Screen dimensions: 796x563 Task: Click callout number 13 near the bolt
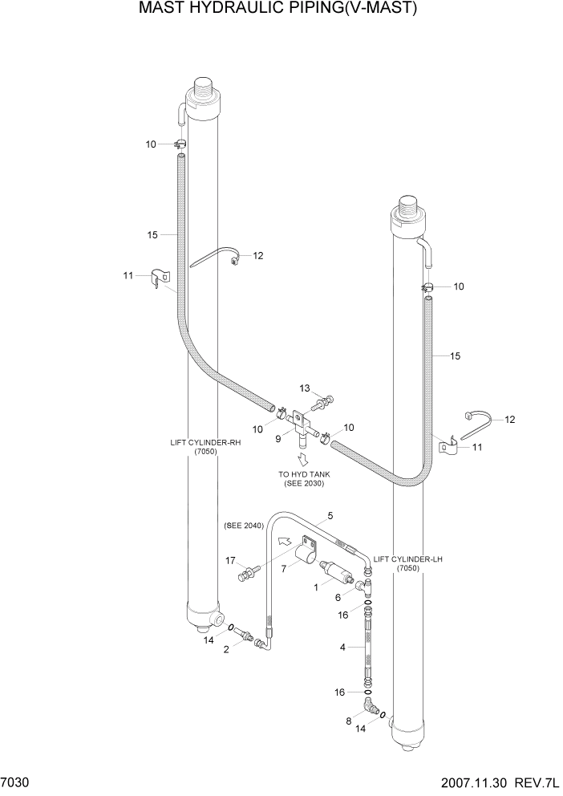(x=304, y=388)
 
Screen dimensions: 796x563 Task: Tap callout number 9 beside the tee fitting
(x=277, y=438)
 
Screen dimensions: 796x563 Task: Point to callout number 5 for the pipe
(x=330, y=516)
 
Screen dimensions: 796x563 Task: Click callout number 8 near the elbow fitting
(x=348, y=721)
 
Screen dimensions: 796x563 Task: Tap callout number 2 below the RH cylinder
(x=226, y=649)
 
